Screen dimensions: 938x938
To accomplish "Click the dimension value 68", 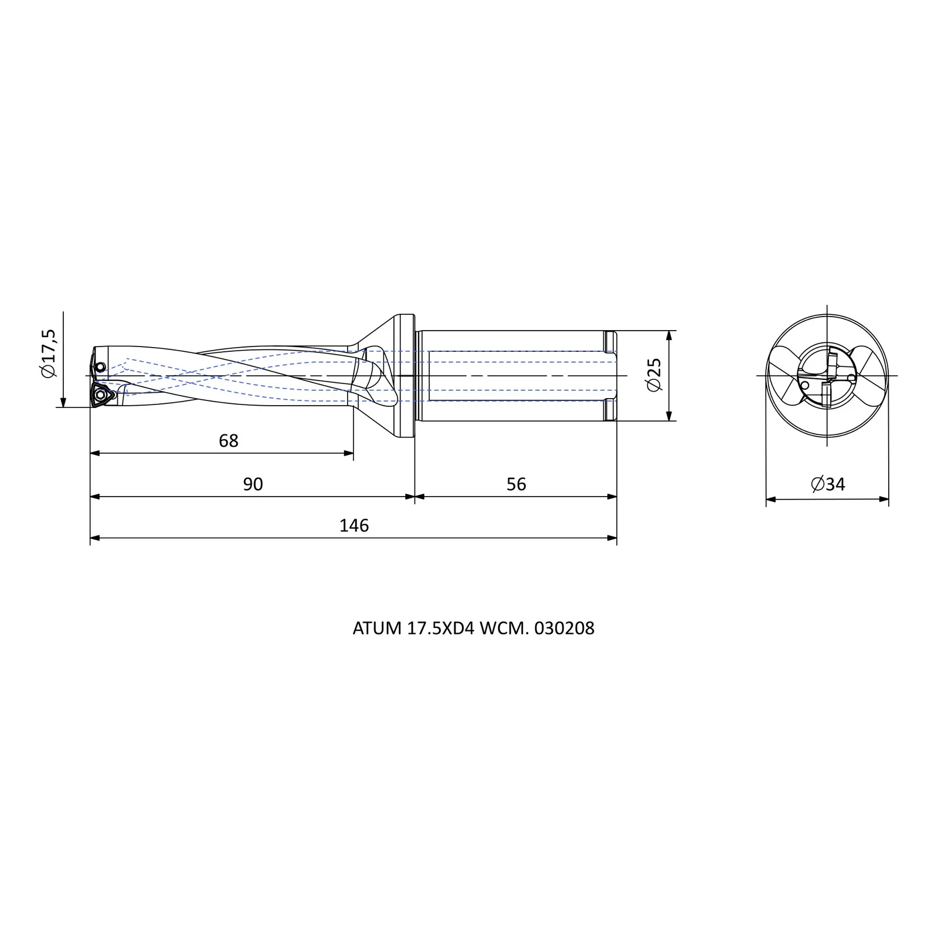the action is (229, 441).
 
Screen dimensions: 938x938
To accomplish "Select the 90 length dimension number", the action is (253, 484).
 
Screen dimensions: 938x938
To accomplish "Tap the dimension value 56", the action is (516, 484).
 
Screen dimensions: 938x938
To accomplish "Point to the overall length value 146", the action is (354, 525).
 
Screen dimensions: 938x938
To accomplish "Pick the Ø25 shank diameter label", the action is (654, 375).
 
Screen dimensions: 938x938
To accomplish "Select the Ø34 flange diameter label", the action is (828, 484).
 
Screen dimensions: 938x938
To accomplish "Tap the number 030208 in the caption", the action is (565, 628).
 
